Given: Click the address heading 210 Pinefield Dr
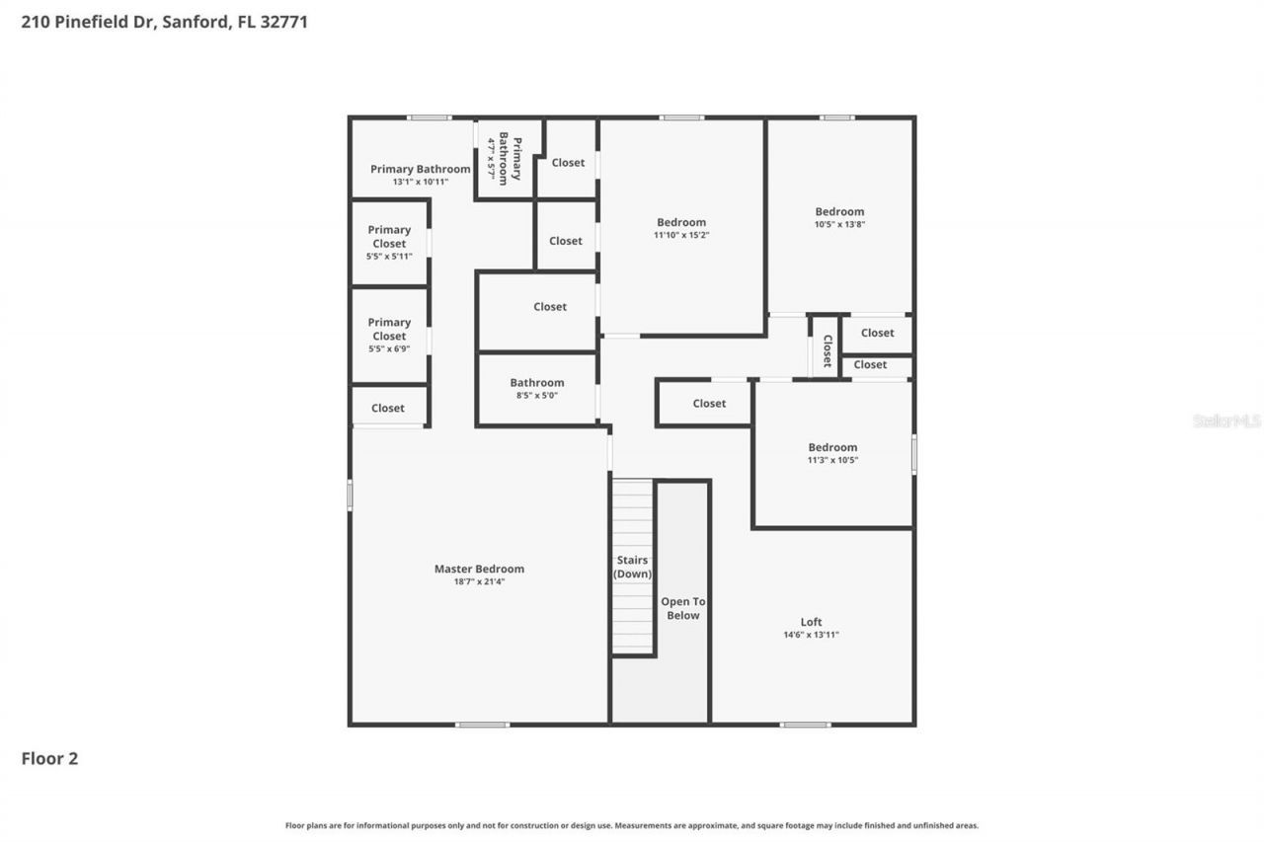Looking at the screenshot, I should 164,21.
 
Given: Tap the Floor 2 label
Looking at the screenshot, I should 49,758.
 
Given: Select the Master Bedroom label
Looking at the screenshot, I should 479,569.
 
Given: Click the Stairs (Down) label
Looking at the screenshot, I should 632,567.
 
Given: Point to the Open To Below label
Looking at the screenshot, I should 682,608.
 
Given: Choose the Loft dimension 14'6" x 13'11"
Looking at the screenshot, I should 811,635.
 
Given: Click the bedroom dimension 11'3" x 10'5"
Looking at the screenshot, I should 832,460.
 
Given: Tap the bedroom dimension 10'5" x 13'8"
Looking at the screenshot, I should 839,224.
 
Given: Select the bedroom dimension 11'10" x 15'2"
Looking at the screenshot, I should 681,235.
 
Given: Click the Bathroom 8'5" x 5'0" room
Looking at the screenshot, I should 537,389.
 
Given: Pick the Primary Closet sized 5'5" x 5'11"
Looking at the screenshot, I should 389,243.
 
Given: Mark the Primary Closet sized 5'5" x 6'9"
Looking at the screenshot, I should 389,335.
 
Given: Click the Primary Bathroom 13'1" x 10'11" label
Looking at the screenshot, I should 421,175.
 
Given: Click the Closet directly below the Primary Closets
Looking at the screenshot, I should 388,408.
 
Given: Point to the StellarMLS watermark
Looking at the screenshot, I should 1226,421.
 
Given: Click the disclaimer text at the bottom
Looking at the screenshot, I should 632,825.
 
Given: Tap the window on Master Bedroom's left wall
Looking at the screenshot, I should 350,495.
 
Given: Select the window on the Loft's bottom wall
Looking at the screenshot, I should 805,726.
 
